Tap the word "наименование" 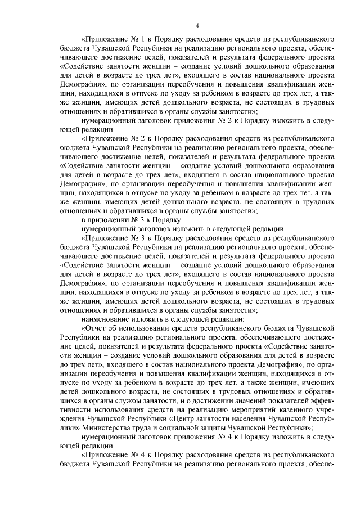point(107,318)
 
